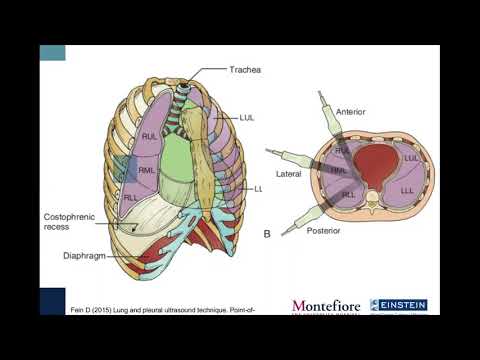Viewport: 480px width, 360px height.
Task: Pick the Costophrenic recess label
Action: point(69,221)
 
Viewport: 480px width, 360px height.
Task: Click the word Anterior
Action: point(350,111)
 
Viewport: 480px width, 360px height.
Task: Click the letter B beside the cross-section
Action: point(267,234)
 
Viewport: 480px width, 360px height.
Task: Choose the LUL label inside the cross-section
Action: point(410,158)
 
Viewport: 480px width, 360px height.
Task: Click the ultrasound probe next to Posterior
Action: point(297,222)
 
